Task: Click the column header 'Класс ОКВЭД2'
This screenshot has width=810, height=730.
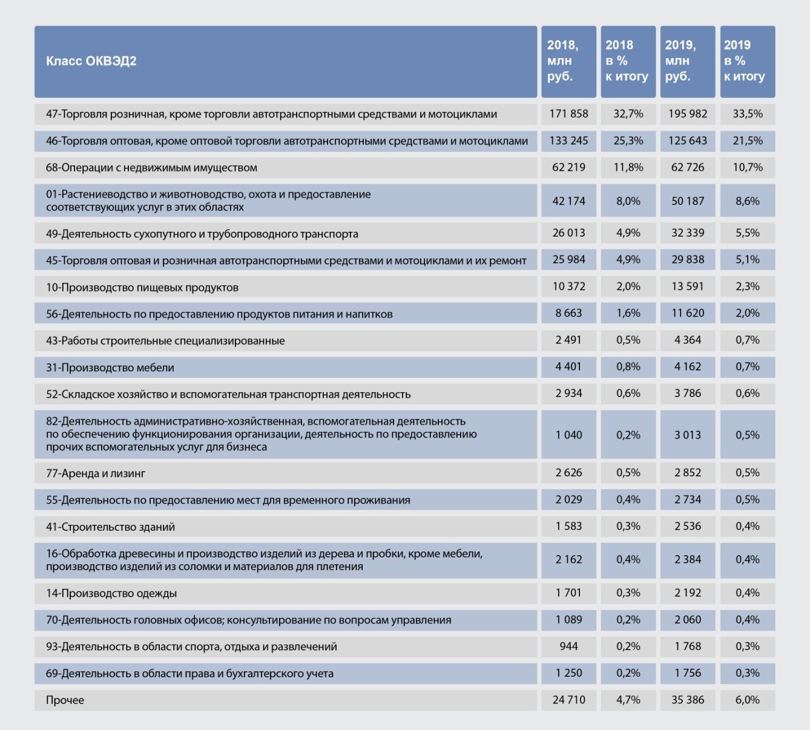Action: point(91,61)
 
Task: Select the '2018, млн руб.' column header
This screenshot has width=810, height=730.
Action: point(562,61)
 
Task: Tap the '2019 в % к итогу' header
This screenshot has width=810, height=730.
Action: point(744,61)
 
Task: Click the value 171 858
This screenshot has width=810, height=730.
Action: point(568,114)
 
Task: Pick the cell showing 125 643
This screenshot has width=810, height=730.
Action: point(687,140)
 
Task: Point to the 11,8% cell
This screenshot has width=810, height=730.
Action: point(628,167)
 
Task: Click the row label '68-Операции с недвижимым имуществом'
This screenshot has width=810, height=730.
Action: point(151,168)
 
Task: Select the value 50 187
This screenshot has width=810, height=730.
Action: point(687,201)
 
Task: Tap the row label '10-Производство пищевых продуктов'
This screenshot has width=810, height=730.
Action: point(142,288)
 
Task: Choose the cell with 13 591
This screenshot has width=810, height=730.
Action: point(687,286)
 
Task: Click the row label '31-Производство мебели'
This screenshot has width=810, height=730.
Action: point(110,367)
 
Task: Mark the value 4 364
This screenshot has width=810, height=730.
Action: point(687,340)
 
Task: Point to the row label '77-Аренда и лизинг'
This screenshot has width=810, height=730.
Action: point(95,473)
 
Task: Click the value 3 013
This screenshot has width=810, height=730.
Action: point(687,435)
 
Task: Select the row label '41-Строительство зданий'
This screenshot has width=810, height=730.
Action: point(110,527)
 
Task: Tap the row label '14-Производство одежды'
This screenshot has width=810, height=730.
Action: point(111,593)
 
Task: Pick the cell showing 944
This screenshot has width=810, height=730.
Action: point(568,646)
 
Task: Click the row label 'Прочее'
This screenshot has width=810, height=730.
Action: point(65,700)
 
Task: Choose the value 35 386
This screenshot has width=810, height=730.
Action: point(687,699)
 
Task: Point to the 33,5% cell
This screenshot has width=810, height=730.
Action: point(748,114)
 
